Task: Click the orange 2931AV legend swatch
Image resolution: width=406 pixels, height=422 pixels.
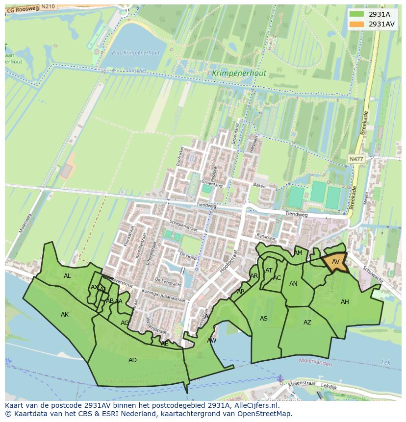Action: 357,24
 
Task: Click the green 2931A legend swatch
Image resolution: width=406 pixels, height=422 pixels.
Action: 357,14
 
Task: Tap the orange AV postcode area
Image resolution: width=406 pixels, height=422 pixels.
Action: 335,261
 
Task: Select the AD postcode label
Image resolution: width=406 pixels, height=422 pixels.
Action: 132,360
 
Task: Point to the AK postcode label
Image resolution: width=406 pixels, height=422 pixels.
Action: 65,315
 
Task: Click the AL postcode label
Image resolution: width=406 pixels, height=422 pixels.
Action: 67,276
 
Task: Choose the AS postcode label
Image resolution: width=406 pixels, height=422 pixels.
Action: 264,319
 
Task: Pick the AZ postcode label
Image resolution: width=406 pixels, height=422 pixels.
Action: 307,323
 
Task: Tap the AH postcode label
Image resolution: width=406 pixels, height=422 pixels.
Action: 345,302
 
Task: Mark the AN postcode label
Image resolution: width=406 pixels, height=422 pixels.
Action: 293,284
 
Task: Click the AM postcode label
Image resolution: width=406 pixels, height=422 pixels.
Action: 298,253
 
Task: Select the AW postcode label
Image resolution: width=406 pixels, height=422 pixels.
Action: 211,340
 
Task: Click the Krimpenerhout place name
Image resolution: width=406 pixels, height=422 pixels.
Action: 239,74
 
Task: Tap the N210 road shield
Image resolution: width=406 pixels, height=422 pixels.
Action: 48,6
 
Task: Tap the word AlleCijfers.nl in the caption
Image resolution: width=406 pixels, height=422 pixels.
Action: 255,405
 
